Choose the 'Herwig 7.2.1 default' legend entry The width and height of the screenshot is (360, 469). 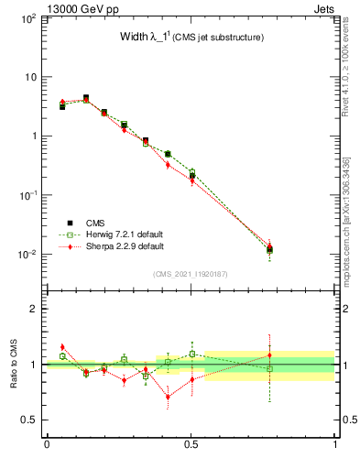click(120, 234)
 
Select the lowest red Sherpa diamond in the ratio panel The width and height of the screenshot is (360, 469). click(168, 397)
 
